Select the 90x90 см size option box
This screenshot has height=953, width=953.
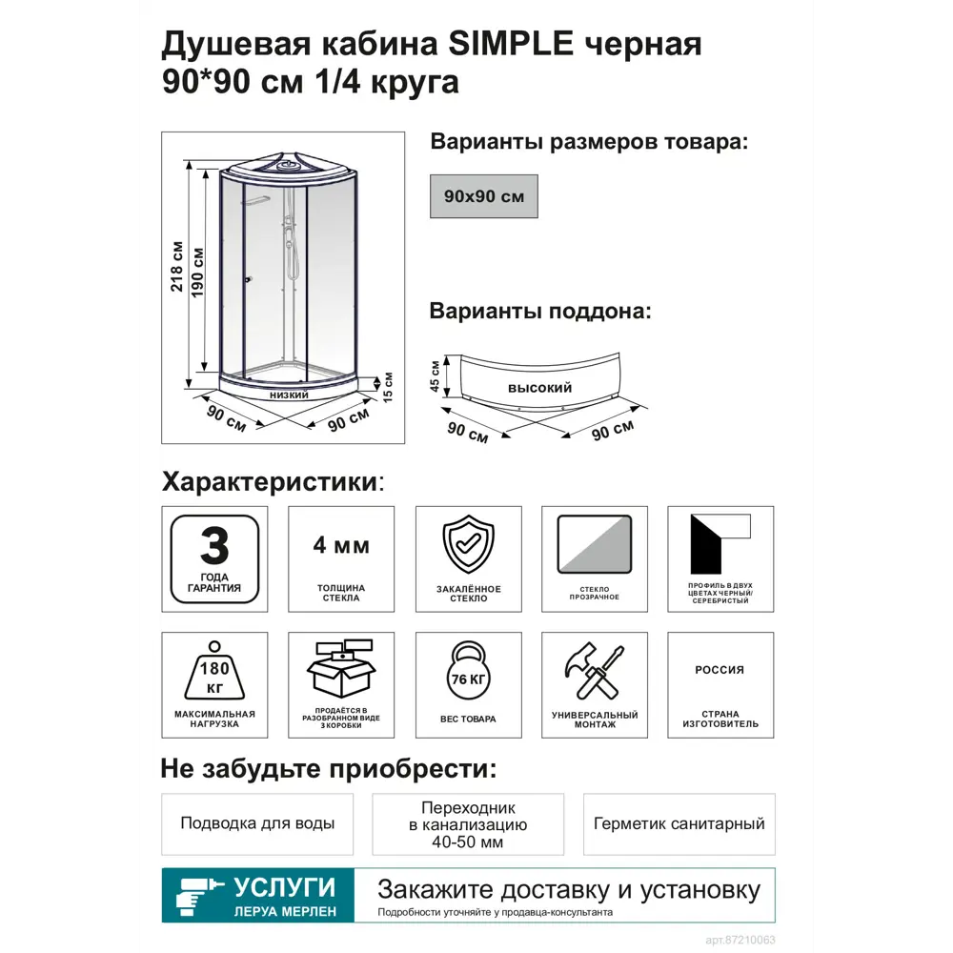click(484, 196)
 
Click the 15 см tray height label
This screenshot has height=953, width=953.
click(388, 387)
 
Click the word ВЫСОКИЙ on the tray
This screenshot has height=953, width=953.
click(539, 389)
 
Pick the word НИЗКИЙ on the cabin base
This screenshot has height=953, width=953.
click(288, 394)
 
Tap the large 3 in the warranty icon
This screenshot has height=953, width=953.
click(214, 548)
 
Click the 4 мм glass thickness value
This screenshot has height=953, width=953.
click(341, 547)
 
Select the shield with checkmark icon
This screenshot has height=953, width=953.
click(468, 547)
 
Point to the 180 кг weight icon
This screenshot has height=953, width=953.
click(214, 673)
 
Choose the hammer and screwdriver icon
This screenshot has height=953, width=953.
click(595, 673)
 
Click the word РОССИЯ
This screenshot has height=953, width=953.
click(720, 670)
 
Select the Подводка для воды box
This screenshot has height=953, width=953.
click(257, 823)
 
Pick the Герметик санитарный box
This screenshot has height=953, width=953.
click(679, 823)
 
